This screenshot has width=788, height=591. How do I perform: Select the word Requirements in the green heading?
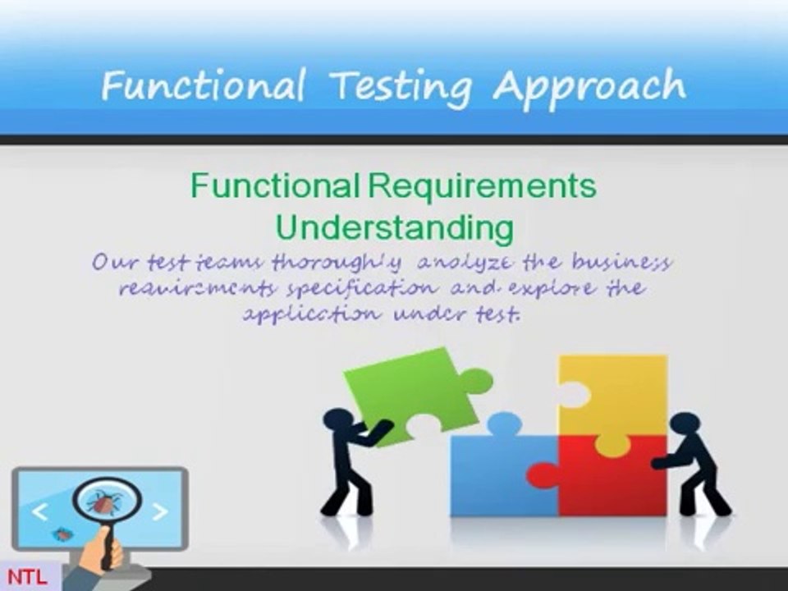coord(482,186)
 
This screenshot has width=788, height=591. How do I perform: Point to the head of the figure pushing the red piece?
coord(685,428)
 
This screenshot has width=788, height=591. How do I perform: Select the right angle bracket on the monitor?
coord(160,512)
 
